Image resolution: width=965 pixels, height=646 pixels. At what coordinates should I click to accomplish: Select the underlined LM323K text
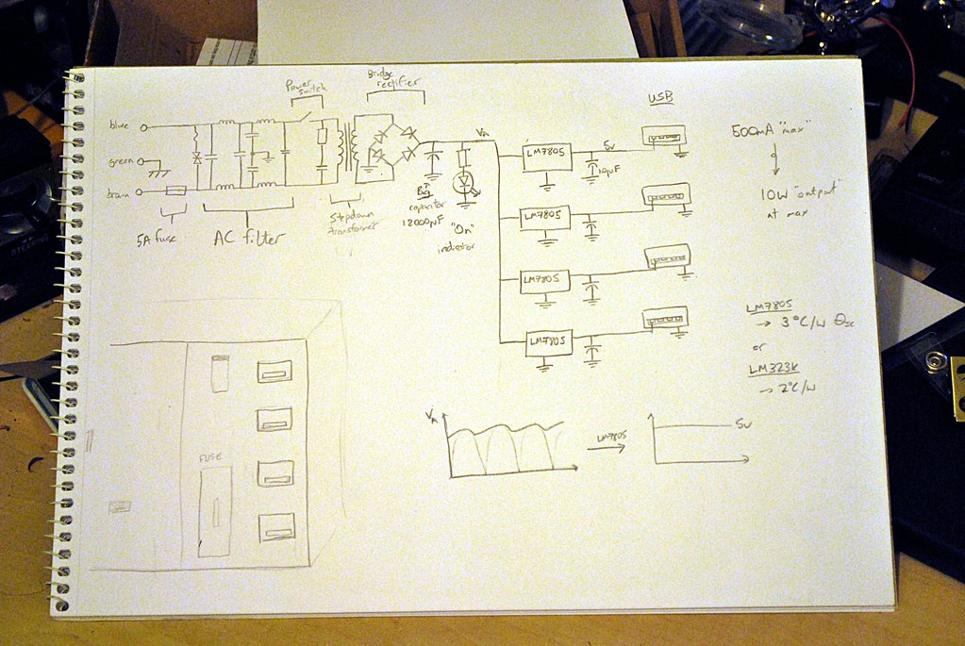[770, 369]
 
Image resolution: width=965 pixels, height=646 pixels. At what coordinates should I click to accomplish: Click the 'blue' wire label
[121, 124]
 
